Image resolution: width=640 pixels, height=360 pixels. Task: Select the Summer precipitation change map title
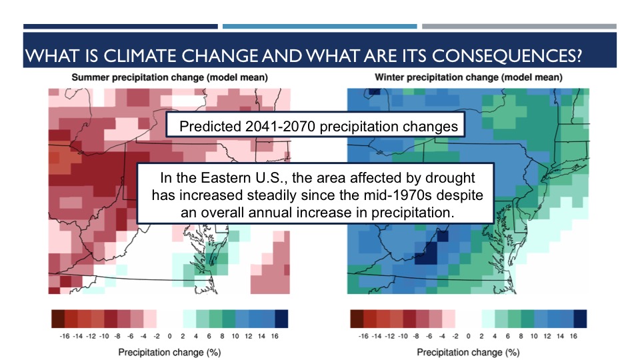170,77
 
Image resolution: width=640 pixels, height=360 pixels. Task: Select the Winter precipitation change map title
468,77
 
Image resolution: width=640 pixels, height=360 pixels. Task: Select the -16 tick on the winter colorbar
363,336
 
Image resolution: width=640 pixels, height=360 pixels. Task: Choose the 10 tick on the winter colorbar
537,336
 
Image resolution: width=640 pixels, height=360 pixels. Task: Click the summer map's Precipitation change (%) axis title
169,351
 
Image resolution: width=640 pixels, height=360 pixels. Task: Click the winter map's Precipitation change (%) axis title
468,351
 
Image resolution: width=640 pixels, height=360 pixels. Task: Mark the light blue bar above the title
319,27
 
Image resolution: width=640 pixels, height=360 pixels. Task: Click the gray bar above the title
519,27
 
